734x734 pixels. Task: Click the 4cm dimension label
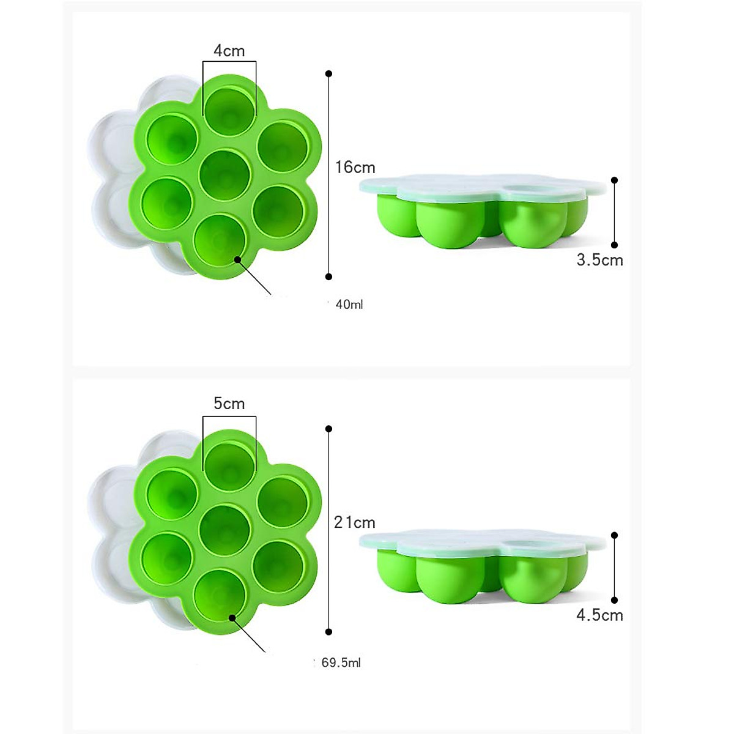click(x=229, y=51)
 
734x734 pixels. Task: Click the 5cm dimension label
click(x=229, y=404)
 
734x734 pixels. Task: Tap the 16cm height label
click(x=355, y=167)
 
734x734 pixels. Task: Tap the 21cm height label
click(x=355, y=522)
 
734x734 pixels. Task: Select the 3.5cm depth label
click(x=599, y=260)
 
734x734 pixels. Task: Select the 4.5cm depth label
click(x=599, y=615)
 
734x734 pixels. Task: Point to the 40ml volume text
click(x=349, y=304)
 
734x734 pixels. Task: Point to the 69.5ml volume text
click(x=341, y=662)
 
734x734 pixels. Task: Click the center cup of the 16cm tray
click(x=225, y=174)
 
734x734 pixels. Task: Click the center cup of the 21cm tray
click(x=225, y=530)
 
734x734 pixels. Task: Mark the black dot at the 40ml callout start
click(x=237, y=260)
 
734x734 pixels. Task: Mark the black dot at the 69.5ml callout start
click(x=232, y=618)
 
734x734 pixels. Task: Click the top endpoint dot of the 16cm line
click(x=328, y=73)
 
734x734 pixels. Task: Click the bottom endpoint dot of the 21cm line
click(x=328, y=631)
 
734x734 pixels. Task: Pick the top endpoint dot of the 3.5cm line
click(x=614, y=180)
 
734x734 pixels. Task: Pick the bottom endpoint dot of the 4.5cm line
click(x=614, y=600)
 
